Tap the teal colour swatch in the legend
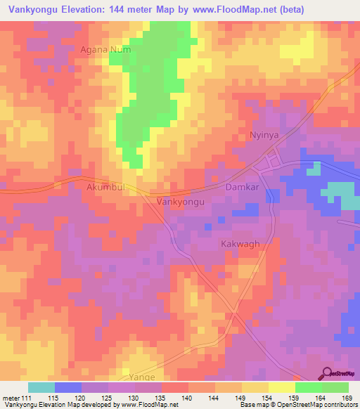pyautogui.click(x=41, y=387)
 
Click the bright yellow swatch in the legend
pyautogui.click(x=281, y=387)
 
